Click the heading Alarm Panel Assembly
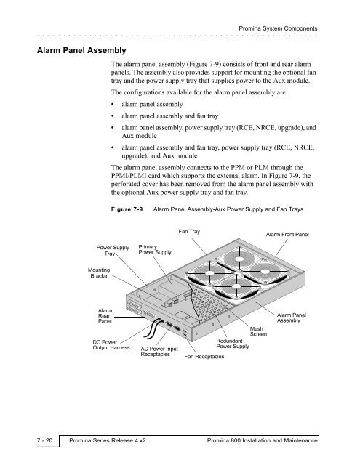click(x=81, y=50)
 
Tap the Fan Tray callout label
click(x=189, y=231)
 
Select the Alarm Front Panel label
click(x=287, y=234)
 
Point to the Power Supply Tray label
click(x=113, y=250)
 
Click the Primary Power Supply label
click(x=155, y=249)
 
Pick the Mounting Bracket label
click(x=99, y=273)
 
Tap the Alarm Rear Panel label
click(x=105, y=316)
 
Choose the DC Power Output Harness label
click(x=111, y=345)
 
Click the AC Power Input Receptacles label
click(x=159, y=352)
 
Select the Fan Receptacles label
click(x=204, y=357)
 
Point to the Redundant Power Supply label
click(x=233, y=344)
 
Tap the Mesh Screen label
click(x=258, y=331)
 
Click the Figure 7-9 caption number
click(x=127, y=209)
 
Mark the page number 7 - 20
click(x=44, y=440)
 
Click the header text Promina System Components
click(x=278, y=28)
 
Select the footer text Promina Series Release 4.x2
click(x=108, y=440)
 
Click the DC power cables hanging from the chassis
click(x=151, y=329)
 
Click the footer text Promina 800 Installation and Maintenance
click(x=263, y=440)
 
